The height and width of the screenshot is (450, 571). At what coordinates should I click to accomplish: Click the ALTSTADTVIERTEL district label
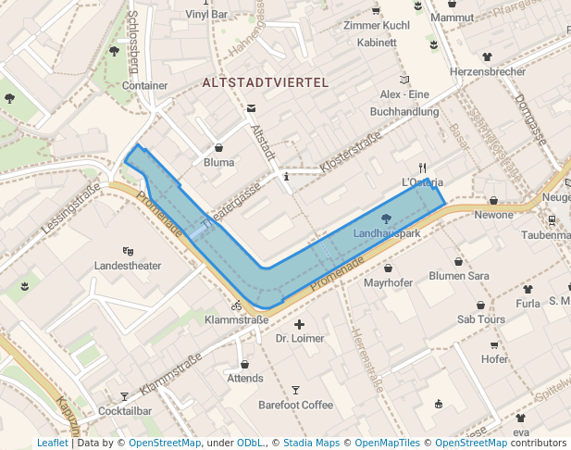[266, 82]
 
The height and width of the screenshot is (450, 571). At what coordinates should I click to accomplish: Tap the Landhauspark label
[387, 233]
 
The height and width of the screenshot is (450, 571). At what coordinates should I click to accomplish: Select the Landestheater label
[128, 266]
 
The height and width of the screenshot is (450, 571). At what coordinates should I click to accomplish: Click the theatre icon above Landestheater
[128, 251]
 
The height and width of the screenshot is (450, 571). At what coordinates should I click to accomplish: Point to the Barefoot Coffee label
[295, 405]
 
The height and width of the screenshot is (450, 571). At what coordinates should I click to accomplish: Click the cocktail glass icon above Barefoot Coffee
[295, 390]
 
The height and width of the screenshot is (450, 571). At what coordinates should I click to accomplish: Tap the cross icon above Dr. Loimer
[299, 325]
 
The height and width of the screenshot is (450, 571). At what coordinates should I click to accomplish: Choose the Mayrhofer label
[386, 281]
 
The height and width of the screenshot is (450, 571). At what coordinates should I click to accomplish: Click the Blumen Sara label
[459, 276]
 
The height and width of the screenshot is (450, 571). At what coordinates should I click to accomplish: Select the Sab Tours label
[480, 319]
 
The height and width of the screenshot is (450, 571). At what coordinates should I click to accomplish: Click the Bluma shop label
[219, 162]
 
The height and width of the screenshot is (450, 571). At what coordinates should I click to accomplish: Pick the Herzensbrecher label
[487, 71]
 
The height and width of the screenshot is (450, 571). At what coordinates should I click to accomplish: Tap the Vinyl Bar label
[206, 15]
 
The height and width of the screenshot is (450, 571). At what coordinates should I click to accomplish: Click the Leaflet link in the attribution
[52, 443]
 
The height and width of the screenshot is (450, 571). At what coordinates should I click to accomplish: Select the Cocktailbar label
[125, 410]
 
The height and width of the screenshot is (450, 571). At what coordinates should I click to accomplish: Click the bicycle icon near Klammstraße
[237, 305]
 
